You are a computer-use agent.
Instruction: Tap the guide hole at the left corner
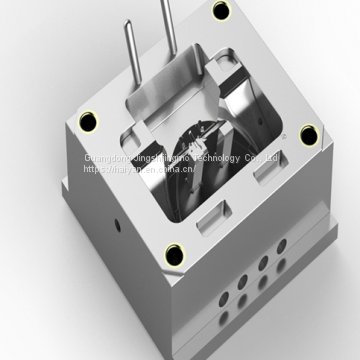tap(90, 121)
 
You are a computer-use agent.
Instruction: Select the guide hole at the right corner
tap(308, 133)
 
